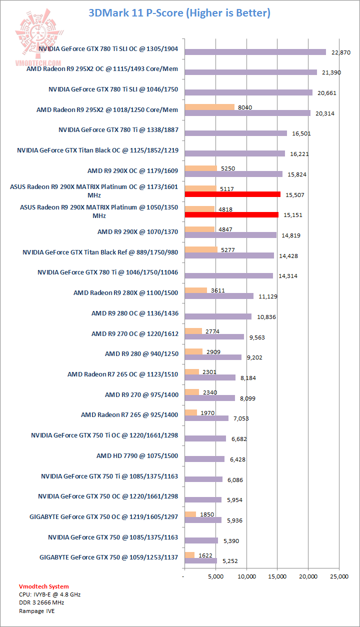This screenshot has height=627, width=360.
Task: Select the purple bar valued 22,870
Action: (x=255, y=52)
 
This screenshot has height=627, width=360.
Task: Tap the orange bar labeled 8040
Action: (x=209, y=106)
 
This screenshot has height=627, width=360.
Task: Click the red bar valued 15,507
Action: (x=232, y=194)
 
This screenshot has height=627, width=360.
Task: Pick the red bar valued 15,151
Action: (x=231, y=214)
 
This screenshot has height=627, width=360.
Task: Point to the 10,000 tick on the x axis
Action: (x=246, y=576)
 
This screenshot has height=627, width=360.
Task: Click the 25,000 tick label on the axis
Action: (x=339, y=576)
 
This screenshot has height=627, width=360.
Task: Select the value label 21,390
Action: (x=331, y=72)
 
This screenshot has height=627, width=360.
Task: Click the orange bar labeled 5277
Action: (x=201, y=249)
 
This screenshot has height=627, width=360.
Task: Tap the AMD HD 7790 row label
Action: (x=137, y=456)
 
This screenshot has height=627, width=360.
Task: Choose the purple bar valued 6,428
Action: (x=204, y=459)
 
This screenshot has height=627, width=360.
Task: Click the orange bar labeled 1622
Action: (x=189, y=555)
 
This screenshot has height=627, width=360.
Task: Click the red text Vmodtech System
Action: (x=44, y=586)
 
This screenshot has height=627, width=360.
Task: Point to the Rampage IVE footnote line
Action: (x=37, y=610)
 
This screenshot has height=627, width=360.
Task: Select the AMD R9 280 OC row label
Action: (x=134, y=313)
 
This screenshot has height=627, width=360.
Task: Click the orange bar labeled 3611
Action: (x=195, y=290)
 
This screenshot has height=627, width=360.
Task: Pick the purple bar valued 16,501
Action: (x=235, y=133)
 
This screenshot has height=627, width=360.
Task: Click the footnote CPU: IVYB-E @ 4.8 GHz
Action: (x=49, y=594)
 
